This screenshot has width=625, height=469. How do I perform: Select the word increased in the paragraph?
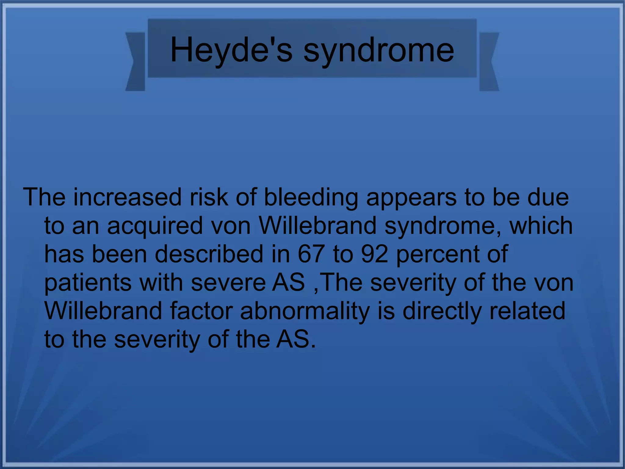pyautogui.click(x=128, y=197)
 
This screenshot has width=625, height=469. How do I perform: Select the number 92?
pyautogui.click(x=375, y=254)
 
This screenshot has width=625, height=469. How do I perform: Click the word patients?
pyautogui.click(x=88, y=283)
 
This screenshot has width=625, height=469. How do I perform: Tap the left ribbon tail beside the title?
pyautogui.click(x=135, y=61)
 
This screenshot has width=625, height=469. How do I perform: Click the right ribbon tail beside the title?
pyautogui.click(x=489, y=61)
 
